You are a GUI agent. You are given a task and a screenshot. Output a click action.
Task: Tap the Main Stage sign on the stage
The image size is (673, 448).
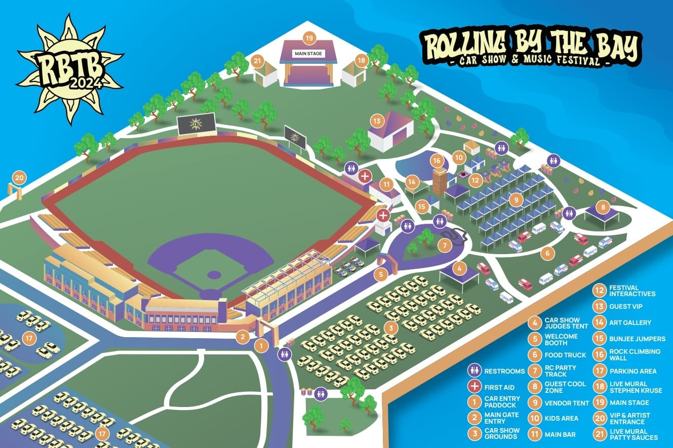[x=308, y=54]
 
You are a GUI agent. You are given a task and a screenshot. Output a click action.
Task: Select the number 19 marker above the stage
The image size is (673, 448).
[x=308, y=37]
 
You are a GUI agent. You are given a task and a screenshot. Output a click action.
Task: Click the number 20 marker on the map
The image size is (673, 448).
[x=19, y=178]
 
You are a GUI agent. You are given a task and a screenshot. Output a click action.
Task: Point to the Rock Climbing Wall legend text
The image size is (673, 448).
[x=627, y=354]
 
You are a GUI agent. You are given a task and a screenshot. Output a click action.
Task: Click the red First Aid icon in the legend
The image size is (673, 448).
[x=475, y=387]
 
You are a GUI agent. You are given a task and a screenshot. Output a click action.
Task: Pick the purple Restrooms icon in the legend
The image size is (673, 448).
[x=475, y=371]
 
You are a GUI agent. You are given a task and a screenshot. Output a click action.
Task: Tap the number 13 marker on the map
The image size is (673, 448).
[x=376, y=121]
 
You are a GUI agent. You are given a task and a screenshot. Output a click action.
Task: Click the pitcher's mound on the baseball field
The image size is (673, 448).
[x=214, y=275]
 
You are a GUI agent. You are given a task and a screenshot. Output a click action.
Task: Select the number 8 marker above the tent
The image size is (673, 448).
[x=603, y=207]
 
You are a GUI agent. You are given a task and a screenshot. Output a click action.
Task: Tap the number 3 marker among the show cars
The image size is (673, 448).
[x=390, y=328]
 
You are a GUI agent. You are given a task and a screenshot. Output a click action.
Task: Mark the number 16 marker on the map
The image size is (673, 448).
[x=437, y=161]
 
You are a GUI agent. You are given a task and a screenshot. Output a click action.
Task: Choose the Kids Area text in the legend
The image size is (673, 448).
[x=559, y=419]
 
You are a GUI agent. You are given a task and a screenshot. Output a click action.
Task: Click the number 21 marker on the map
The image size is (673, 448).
[x=258, y=62]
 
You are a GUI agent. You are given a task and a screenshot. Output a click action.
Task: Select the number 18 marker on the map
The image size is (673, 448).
[x=361, y=60]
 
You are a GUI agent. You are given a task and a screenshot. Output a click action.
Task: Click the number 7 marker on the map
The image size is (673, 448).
[x=444, y=246]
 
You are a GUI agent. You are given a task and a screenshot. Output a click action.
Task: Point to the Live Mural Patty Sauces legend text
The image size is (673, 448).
[x=633, y=434]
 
